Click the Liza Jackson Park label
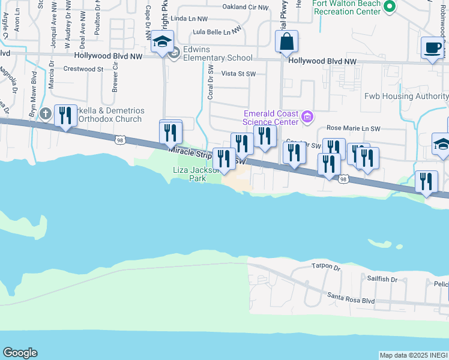coord(190,174)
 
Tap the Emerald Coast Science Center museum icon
coord(308,116)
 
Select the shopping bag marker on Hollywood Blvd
coord(286,43)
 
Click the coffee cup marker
coord(432,48)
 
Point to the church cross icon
coord(45,114)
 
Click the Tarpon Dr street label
coord(326,266)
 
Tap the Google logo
coord(20,353)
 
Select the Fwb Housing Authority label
coord(406,97)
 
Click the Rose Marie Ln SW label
coord(353,128)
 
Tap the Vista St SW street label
coord(238,74)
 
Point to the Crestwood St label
coord(83,70)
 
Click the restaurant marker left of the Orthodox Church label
coord(65,115)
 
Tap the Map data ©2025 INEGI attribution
coord(414,355)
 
